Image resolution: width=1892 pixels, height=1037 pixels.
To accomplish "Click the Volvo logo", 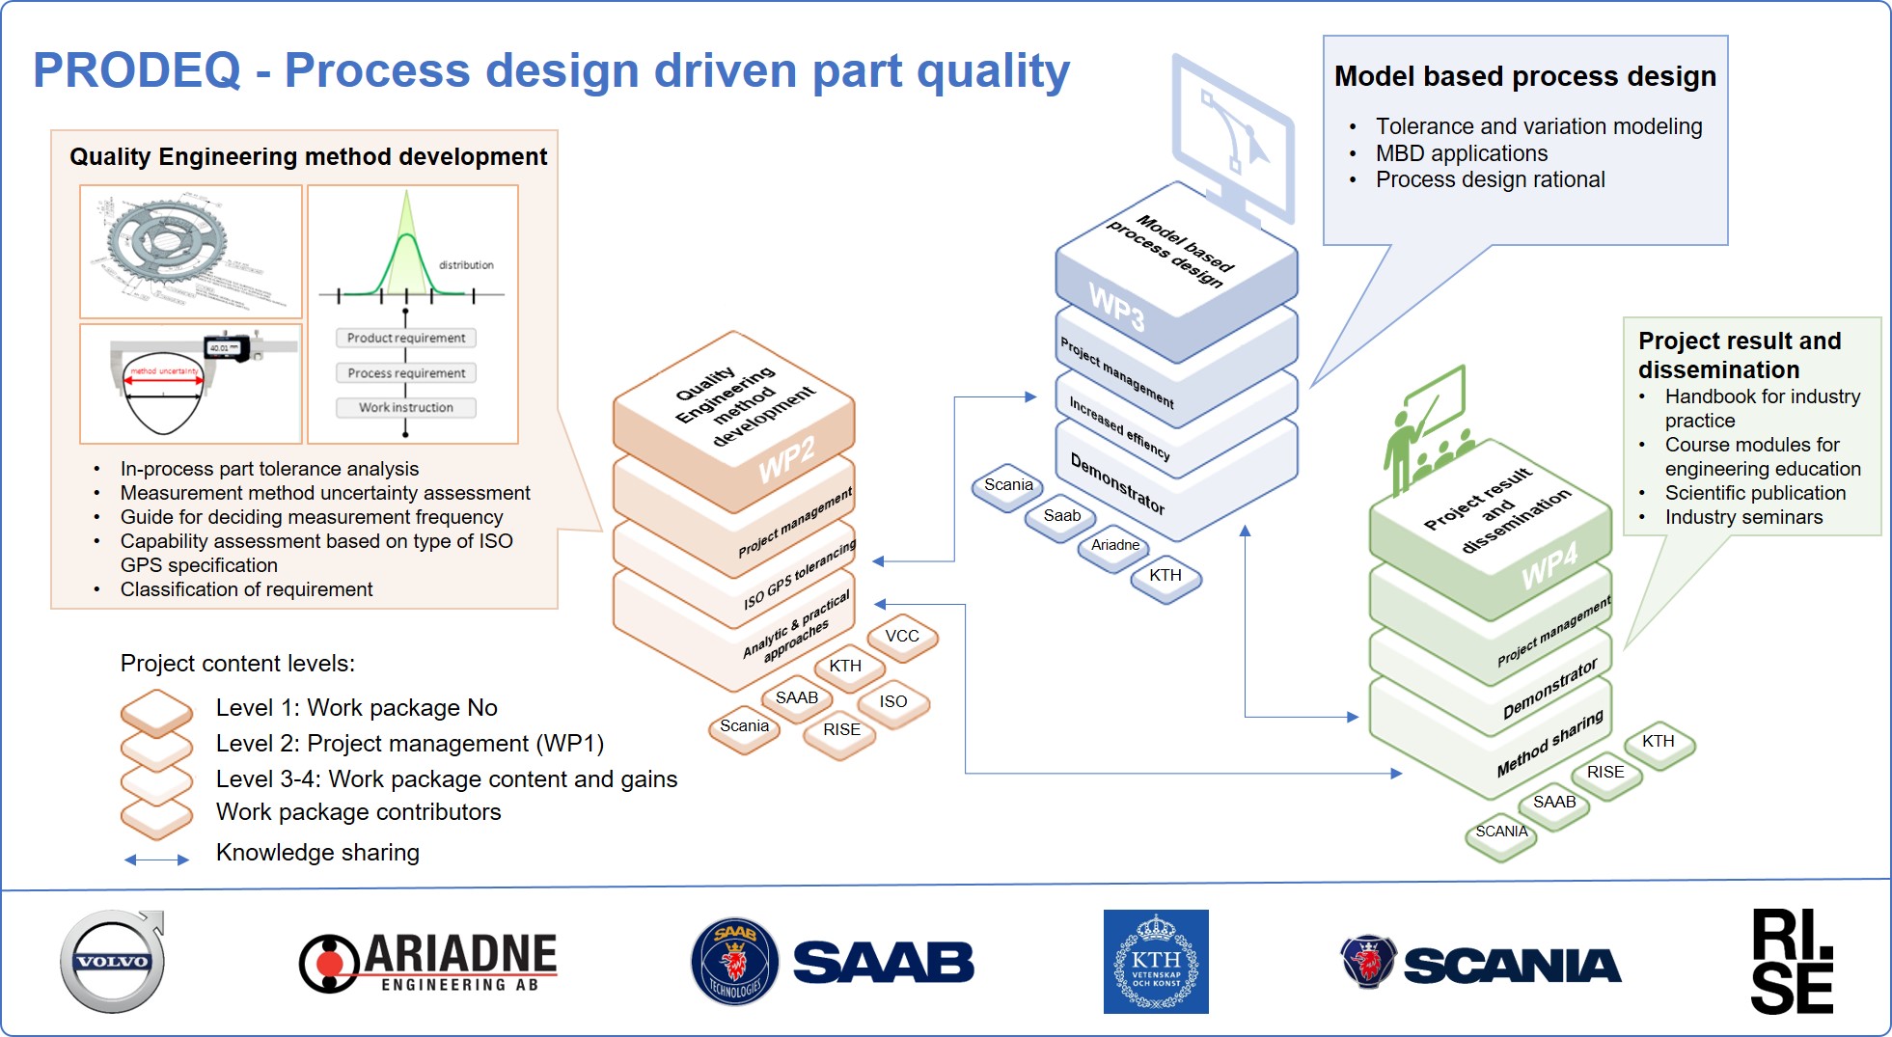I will click(x=113, y=962).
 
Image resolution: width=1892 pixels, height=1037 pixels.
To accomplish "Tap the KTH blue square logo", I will click(x=1155, y=962).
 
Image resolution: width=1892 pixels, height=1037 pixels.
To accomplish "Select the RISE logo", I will click(x=1792, y=962).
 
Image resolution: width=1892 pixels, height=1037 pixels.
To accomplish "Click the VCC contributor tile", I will click(x=902, y=637).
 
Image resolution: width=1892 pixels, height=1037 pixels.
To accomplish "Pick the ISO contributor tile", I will click(x=892, y=702).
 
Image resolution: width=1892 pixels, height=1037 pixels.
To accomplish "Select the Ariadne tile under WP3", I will click(x=1115, y=545).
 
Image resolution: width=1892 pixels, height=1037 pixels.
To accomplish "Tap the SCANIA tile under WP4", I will click(x=1501, y=832).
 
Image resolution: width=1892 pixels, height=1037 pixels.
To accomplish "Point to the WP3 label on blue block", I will click(x=1116, y=307).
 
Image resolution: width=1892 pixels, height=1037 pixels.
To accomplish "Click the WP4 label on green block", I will click(x=1549, y=564).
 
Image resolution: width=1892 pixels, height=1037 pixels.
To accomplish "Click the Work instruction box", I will click(x=405, y=408).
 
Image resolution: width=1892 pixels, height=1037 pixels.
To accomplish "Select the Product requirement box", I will click(x=405, y=339).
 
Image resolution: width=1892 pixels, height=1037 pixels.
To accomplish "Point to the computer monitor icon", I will click(x=1232, y=140).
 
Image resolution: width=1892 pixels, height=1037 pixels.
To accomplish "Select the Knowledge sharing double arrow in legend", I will click(x=156, y=860).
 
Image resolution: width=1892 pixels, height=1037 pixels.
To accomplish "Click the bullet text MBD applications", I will click(x=1461, y=153).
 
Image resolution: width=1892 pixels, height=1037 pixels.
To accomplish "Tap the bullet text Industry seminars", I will click(x=1743, y=517).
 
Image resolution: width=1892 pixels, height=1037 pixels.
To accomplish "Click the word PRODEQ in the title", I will click(x=137, y=70).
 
